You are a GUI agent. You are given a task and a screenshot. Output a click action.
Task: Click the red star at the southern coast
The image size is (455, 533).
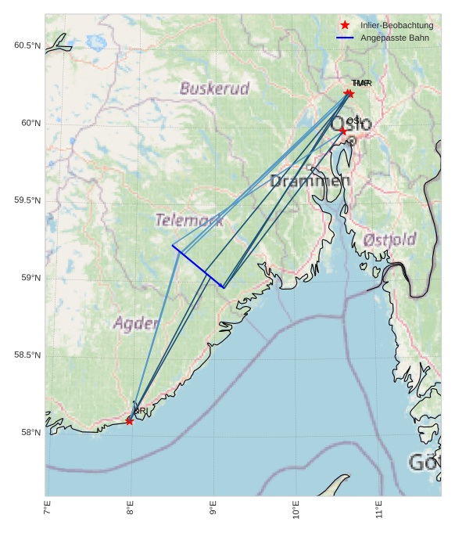tap(129, 421)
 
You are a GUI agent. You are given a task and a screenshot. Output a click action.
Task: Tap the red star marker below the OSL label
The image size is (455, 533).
tap(343, 131)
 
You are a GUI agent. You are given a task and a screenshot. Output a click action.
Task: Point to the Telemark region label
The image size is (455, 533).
tap(189, 221)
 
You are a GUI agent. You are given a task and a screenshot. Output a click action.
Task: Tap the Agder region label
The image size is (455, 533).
tap(137, 322)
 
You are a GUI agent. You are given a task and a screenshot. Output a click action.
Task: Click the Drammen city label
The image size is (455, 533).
tap(310, 182)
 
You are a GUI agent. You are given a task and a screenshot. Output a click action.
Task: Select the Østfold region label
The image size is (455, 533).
tap(390, 239)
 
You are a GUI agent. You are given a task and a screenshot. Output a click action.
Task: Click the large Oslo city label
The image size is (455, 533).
tap(351, 124)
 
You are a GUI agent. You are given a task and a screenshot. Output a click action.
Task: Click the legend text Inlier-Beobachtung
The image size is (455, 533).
tap(397, 25)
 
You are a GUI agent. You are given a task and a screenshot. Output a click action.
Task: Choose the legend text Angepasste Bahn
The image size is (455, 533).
tap(395, 38)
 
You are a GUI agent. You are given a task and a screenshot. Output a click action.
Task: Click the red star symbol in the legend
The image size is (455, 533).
tap(345, 25)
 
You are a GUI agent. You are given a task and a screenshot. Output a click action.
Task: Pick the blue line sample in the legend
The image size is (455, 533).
tap(345, 38)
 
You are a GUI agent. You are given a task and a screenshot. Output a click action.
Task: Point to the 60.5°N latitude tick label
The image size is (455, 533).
tap(27, 45)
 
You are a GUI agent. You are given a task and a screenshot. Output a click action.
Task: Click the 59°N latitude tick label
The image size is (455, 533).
tap(29, 278)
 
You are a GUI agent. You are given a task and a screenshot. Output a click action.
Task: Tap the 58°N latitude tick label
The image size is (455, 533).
tap(29, 433)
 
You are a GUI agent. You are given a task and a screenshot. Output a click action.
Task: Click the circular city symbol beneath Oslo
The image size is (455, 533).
tap(351, 141)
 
